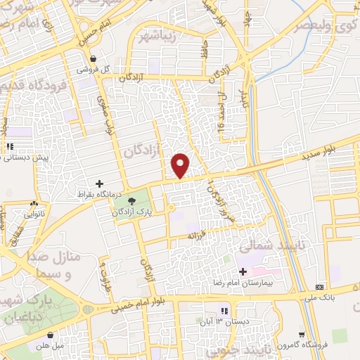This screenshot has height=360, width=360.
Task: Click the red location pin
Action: pyautogui.click(x=181, y=165)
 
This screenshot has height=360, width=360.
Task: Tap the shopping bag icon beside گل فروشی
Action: pyautogui.click(x=94, y=59)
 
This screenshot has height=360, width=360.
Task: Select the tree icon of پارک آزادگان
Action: pyautogui.click(x=131, y=202)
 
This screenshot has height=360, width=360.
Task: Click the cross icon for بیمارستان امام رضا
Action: pyautogui.click(x=243, y=271)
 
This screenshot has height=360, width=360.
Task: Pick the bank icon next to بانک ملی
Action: pyautogui.click(x=321, y=287)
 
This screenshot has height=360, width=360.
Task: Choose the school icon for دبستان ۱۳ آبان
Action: pyautogui.click(x=225, y=311)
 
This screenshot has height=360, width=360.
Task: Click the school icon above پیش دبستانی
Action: pyautogui.click(x=10, y=147)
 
